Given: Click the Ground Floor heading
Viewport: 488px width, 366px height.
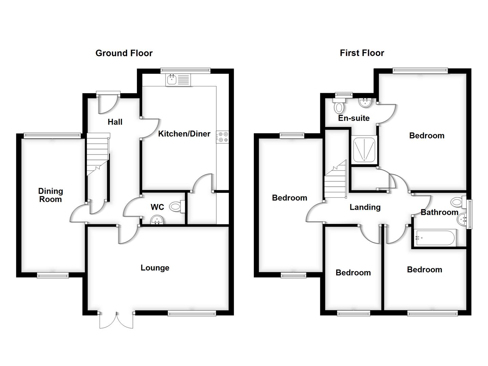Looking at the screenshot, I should pyautogui.click(x=124, y=53).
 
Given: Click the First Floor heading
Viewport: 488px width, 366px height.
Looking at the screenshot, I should pyautogui.click(x=362, y=53).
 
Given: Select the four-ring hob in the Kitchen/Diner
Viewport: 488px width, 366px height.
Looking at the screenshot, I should pyautogui.click(x=223, y=137).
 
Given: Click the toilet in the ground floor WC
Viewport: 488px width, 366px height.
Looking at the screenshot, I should pyautogui.click(x=177, y=206).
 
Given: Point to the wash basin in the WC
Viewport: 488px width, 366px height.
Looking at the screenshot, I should pyautogui.click(x=157, y=220).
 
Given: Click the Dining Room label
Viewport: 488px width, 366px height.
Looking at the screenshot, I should pyautogui.click(x=50, y=195).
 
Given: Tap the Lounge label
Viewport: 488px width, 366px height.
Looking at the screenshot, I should pyautogui.click(x=155, y=268).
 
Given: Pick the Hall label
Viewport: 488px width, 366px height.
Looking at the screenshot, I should pyautogui.click(x=115, y=122).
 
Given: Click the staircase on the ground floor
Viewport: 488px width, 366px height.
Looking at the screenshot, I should pyautogui.click(x=97, y=154).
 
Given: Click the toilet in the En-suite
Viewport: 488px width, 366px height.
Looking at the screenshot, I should pyautogui.click(x=339, y=106).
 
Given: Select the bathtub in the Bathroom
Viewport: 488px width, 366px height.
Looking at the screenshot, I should pyautogui.click(x=435, y=238).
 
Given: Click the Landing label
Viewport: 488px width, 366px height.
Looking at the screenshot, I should pyautogui.click(x=365, y=207).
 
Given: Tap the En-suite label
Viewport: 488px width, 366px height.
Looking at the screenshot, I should pyautogui.click(x=354, y=118).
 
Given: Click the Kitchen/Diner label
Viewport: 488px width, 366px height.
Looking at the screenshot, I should pyautogui.click(x=184, y=134).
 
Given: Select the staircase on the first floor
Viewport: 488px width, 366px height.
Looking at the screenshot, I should pyautogui.click(x=335, y=181).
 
